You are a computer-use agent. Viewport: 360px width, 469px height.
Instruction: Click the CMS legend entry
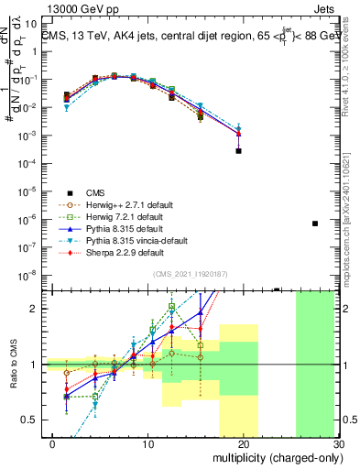tap(96, 192)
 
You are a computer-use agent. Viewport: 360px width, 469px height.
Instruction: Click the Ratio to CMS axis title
tap(11, 365)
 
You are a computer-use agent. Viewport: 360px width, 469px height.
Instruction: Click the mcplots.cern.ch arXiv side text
tap(352, 211)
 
